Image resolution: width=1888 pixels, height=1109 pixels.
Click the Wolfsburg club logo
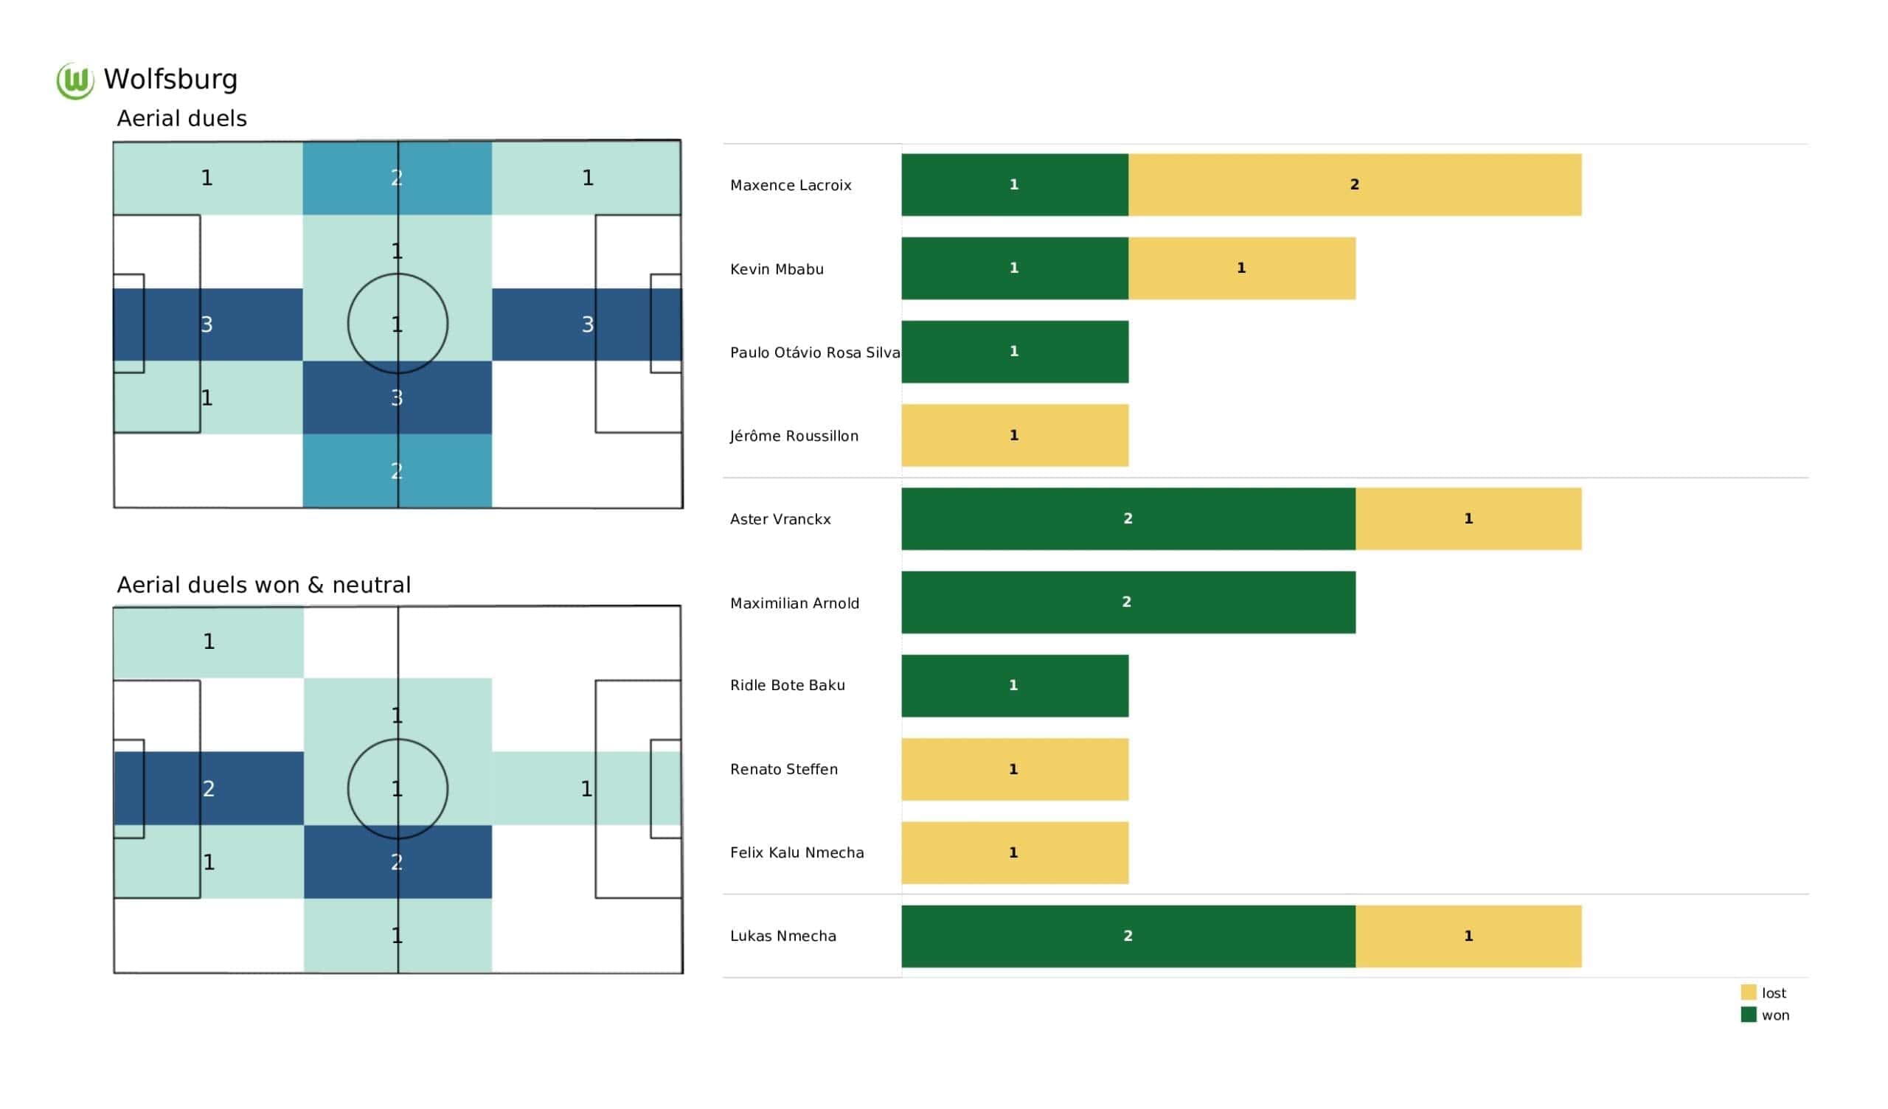[75, 80]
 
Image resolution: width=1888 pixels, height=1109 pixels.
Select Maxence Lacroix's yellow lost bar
[1355, 185]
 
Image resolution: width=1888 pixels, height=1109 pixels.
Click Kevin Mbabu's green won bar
[1014, 268]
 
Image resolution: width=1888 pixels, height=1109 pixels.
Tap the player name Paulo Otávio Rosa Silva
[814, 352]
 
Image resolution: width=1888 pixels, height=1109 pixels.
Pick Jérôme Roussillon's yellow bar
[1014, 435]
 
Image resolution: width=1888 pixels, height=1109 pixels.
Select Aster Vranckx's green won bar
[1128, 518]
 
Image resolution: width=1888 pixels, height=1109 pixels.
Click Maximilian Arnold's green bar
[1128, 602]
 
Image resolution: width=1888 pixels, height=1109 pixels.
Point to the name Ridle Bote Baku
[788, 686]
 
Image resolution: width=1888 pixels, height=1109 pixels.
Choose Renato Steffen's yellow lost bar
[1014, 770]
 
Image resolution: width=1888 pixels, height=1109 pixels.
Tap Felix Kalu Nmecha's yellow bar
[1014, 852]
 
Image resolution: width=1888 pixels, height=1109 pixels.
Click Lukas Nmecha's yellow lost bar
[1468, 936]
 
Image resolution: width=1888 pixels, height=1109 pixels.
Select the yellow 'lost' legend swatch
[1748, 992]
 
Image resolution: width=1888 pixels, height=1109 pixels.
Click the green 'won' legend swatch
[1748, 1015]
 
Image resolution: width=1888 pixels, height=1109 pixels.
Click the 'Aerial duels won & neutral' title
[264, 585]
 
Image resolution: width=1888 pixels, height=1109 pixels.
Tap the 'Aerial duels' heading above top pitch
[181, 119]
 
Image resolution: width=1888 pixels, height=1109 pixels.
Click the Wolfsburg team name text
[171, 80]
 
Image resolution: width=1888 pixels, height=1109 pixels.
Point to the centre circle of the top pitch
[398, 324]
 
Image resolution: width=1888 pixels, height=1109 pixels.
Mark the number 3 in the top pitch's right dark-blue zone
[587, 324]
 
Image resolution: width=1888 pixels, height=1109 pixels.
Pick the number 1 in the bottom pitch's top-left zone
[209, 642]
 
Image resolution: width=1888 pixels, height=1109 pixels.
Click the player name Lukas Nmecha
[783, 936]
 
